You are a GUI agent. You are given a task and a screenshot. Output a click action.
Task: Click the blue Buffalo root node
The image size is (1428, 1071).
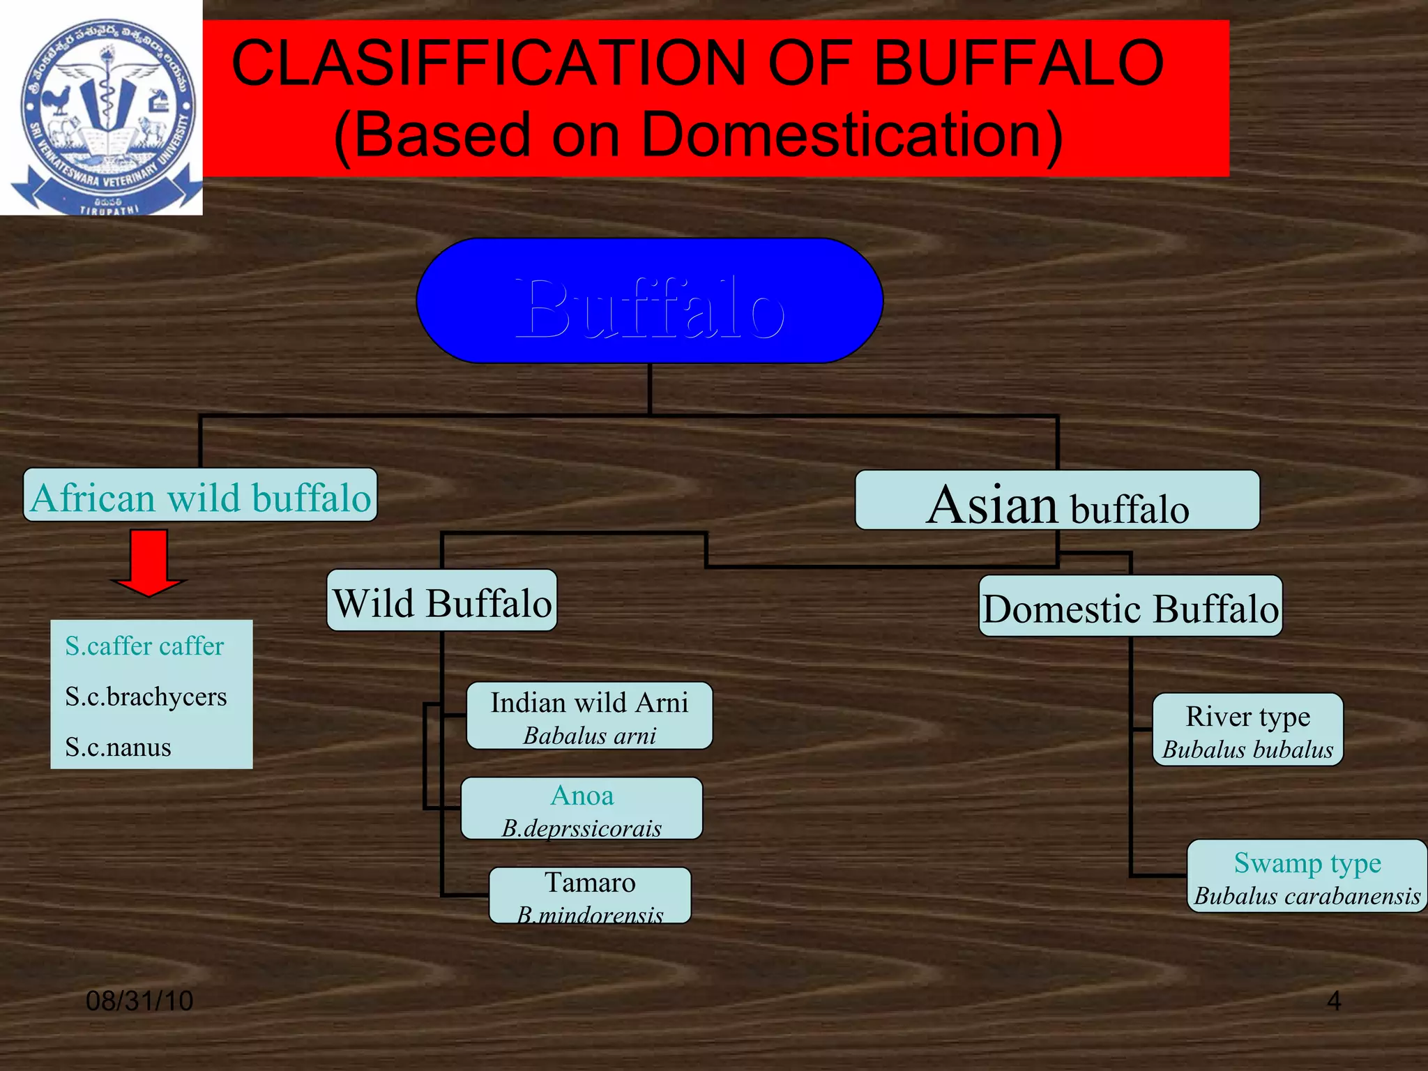[x=649, y=301]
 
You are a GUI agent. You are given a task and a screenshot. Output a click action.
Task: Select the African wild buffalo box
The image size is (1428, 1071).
[x=200, y=496]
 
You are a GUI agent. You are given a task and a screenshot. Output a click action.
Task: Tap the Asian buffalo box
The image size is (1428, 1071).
[x=1057, y=501]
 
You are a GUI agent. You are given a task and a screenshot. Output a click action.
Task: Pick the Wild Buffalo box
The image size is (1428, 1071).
[x=442, y=601]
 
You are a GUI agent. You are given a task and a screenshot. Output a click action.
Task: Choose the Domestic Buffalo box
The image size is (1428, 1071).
[x=1130, y=607]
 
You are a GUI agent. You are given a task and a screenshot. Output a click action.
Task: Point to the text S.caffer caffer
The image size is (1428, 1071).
[x=144, y=646]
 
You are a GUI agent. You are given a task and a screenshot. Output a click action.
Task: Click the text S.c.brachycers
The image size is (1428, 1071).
[x=146, y=697]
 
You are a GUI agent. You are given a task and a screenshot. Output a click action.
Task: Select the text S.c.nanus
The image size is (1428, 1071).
[x=118, y=747]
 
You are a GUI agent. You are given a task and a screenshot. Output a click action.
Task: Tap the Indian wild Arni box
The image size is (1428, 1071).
[x=589, y=716]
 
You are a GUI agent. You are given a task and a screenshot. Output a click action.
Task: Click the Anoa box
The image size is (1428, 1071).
[x=582, y=809]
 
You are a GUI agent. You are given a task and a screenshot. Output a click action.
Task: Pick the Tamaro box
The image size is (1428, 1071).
[x=590, y=895]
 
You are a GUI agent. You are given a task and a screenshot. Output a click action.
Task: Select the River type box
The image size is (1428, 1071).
[x=1247, y=730]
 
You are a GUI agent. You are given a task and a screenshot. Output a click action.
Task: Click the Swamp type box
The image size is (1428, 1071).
[x=1307, y=876]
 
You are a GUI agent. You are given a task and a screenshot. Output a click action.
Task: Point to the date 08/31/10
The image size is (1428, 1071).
[x=139, y=1001]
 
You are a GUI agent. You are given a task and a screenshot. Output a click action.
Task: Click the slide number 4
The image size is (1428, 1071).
[x=1333, y=1001]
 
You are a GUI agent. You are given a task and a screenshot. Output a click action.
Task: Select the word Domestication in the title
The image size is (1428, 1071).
[x=851, y=135]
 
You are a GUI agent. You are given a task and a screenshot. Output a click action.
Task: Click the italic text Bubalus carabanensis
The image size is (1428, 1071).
[x=1307, y=896]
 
